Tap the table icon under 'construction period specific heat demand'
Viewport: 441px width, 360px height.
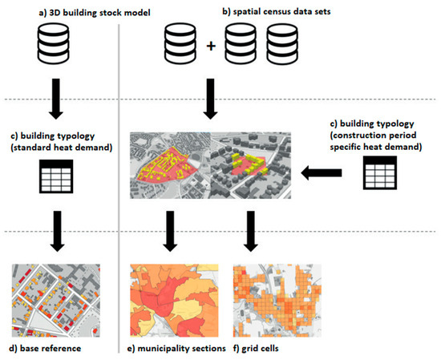[x=378, y=171]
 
